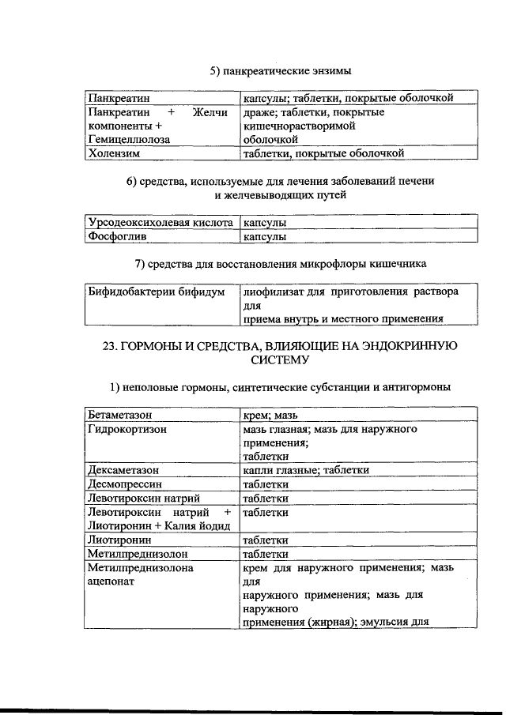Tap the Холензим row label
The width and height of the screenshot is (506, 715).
(114, 153)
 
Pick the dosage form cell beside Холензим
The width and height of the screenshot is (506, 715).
(324, 153)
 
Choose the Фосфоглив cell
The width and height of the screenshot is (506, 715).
(118, 236)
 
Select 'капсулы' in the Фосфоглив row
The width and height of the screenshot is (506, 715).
(265, 236)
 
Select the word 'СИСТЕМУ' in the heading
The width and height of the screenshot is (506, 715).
(281, 359)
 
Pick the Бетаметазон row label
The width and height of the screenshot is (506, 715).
(119, 414)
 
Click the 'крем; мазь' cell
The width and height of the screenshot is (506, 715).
(270, 414)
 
